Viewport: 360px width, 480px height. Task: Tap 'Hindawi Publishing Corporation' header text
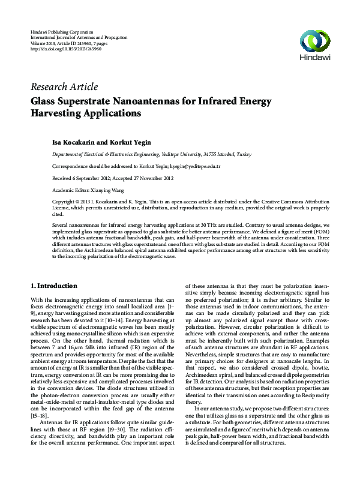[x=62, y=31]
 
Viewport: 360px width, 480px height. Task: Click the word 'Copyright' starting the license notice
[x=64, y=202]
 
